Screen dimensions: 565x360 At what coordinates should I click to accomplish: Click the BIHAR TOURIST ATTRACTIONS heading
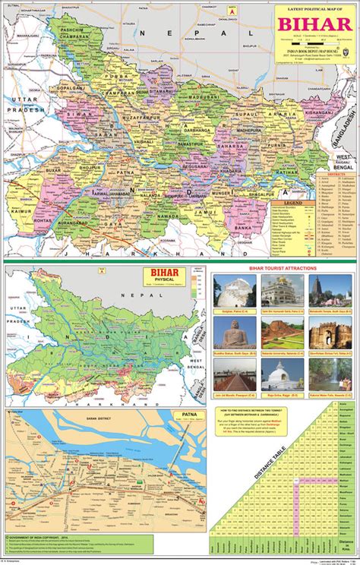pos(285,268)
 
